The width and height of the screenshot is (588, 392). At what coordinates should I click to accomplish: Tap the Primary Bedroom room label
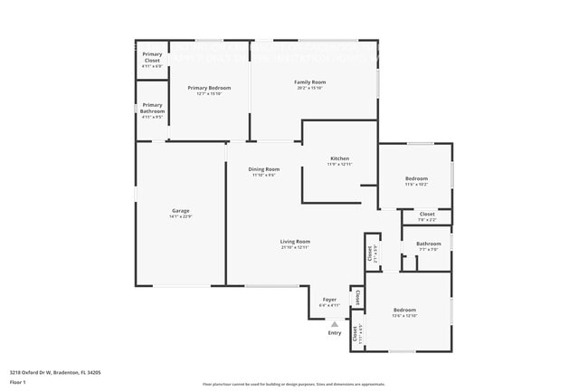click(209, 88)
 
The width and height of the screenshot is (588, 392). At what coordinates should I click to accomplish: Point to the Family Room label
click(309, 82)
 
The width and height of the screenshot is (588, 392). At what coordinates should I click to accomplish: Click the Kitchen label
click(339, 158)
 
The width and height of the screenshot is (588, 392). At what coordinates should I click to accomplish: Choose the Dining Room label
click(264, 169)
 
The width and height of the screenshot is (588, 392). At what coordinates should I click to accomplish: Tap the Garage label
click(181, 211)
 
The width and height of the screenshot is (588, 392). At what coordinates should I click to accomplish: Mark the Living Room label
click(295, 242)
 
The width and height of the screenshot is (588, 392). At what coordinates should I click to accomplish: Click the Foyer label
click(329, 300)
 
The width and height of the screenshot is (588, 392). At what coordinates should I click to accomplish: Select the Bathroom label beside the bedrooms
click(429, 244)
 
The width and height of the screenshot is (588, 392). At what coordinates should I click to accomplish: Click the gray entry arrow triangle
click(334, 323)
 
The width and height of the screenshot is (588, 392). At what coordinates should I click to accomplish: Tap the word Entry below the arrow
click(335, 333)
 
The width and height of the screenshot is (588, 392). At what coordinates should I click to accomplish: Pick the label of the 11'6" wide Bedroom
click(416, 178)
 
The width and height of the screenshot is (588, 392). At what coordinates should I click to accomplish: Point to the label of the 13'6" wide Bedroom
click(404, 310)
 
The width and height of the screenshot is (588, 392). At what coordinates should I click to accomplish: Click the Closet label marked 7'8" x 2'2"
click(427, 215)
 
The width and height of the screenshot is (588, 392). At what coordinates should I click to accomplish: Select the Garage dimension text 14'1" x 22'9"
click(181, 217)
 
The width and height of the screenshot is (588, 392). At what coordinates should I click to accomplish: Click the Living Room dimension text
click(295, 248)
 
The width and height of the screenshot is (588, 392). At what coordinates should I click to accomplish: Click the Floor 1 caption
click(18, 383)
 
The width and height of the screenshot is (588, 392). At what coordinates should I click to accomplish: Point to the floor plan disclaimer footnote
click(293, 385)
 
